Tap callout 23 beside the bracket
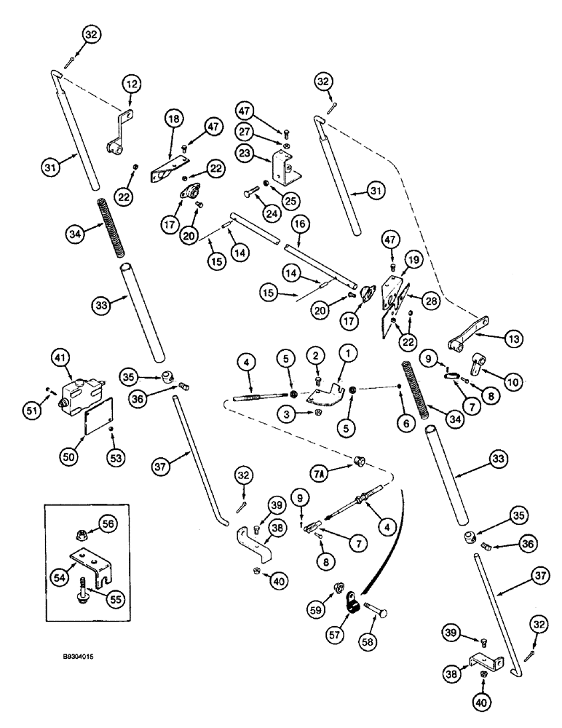pyautogui.click(x=245, y=154)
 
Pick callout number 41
pyautogui.click(x=60, y=357)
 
